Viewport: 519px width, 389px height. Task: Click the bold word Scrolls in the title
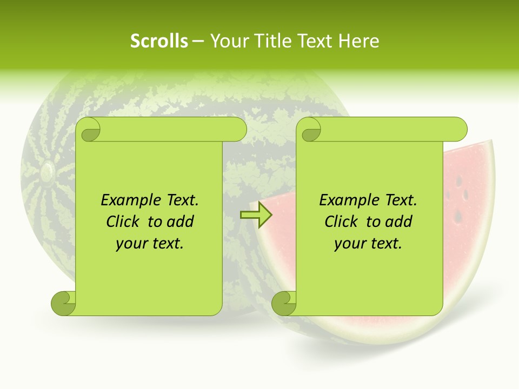pyautogui.click(x=159, y=41)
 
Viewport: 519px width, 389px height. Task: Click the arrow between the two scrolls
pyautogui.click(x=256, y=215)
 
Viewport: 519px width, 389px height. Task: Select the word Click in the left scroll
pyautogui.click(x=125, y=222)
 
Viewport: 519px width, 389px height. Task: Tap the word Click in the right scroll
pyautogui.click(x=344, y=222)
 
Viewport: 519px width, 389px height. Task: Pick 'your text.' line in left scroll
pyautogui.click(x=150, y=244)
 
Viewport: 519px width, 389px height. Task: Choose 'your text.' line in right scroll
pyautogui.click(x=368, y=244)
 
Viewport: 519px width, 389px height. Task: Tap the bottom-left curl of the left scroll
pyautogui.click(x=63, y=303)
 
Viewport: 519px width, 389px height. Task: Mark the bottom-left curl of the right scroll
pyautogui.click(x=284, y=303)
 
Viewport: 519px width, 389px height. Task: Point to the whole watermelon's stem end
pyautogui.click(x=47, y=171)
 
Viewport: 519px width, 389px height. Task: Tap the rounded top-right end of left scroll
pyautogui.click(x=238, y=130)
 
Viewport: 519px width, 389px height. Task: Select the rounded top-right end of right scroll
pyautogui.click(x=458, y=130)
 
